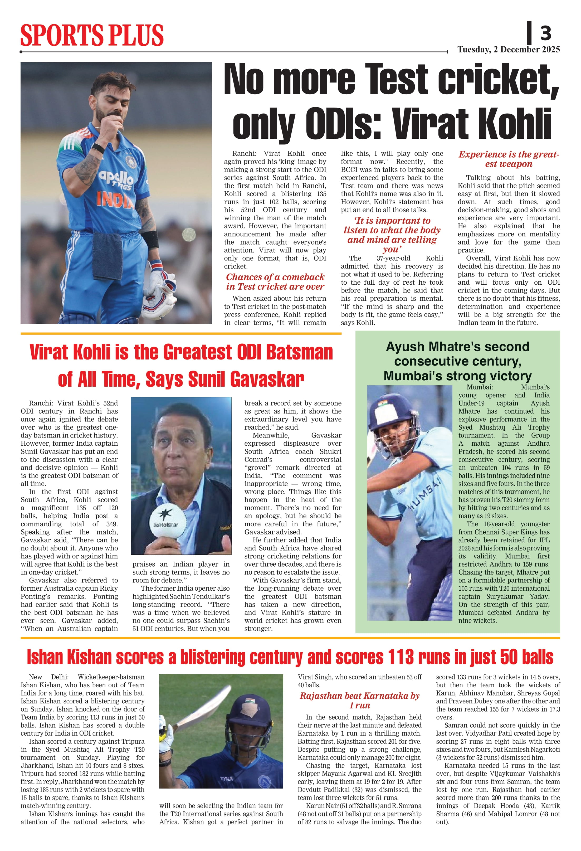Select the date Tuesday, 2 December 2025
point(509,50)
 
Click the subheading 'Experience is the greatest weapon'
point(509,159)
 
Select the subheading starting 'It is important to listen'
point(392,235)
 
